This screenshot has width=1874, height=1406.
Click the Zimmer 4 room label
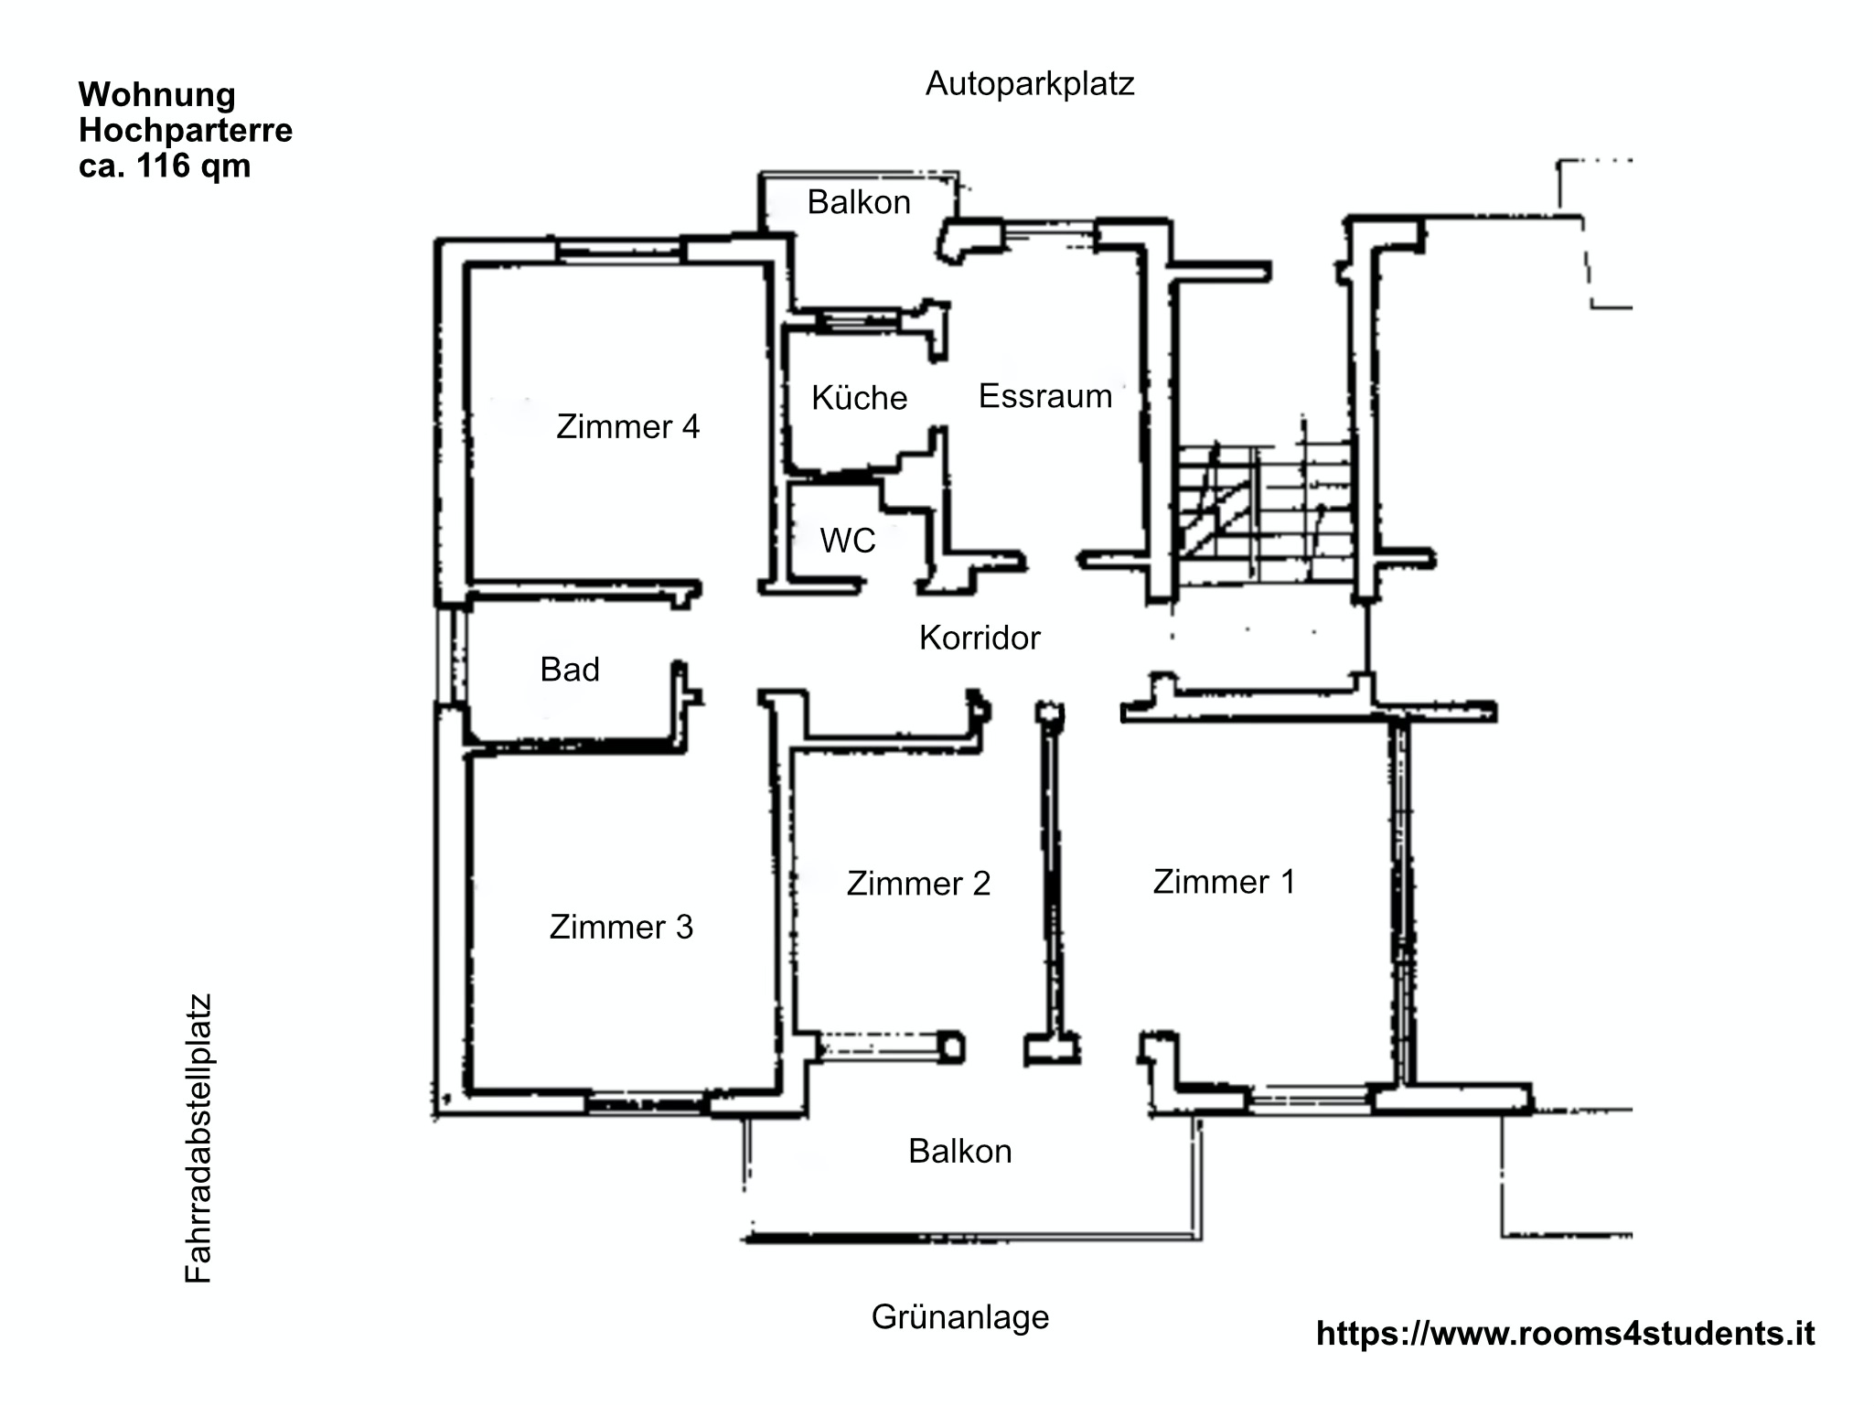627,426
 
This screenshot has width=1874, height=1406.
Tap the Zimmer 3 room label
621,927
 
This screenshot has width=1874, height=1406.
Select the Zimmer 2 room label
918,883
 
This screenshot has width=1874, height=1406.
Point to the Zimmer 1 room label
1224,881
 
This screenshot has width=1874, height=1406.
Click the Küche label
859,397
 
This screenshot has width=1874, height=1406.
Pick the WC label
848,541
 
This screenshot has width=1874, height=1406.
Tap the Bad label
570,670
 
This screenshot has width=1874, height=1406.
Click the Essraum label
1045,395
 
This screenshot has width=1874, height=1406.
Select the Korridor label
980,638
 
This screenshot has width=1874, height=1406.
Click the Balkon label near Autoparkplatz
859,202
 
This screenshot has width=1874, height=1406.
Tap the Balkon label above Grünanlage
960,1151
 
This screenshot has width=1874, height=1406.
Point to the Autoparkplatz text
1030,83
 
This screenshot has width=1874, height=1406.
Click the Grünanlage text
960,1316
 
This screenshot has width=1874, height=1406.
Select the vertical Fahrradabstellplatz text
198,1138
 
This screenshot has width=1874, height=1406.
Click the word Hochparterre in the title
186,130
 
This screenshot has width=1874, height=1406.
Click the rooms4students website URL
1566,1333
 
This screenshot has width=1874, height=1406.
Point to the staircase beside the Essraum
1264,512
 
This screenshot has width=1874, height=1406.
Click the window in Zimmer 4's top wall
619,250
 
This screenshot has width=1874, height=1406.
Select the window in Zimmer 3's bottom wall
648,1104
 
